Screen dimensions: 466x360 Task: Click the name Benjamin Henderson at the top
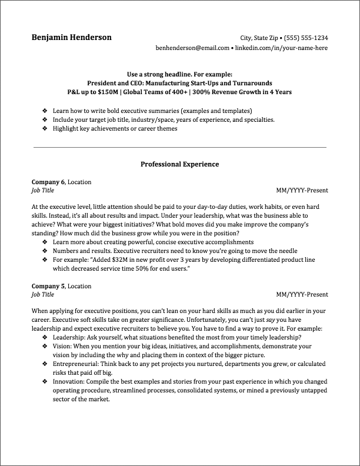pos(72,37)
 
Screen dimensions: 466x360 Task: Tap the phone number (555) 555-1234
pos(306,37)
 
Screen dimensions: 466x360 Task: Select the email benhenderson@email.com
pos(192,48)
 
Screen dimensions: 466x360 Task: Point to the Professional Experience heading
pos(179,164)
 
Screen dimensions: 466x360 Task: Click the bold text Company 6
pos(48,182)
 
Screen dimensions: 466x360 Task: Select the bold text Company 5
pos(48,286)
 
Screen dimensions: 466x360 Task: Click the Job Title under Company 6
pos(42,190)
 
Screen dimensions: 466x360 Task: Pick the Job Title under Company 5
pos(42,294)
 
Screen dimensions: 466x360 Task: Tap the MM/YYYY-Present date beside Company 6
pos(301,191)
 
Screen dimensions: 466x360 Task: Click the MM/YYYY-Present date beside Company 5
pos(301,295)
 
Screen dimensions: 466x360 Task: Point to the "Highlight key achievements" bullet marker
pos(45,128)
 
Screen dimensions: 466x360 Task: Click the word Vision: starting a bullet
pos(62,347)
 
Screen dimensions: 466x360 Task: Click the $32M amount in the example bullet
pos(125,259)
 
